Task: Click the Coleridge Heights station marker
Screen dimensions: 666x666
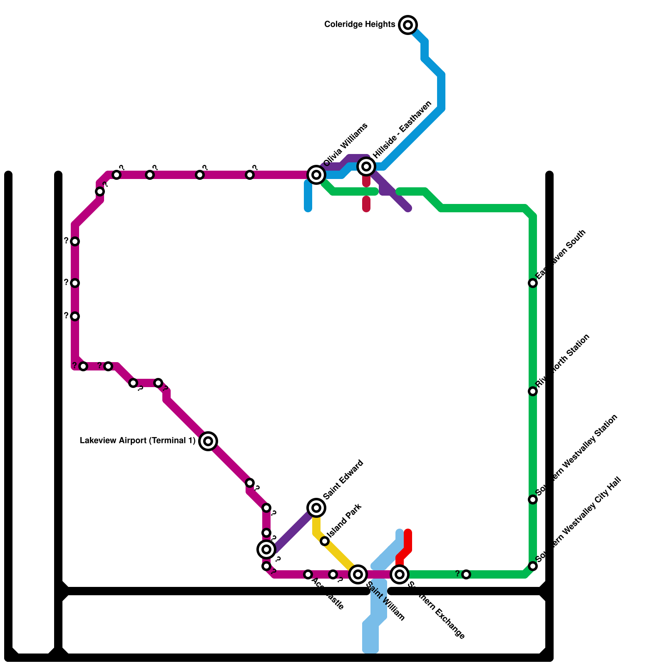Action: click(408, 25)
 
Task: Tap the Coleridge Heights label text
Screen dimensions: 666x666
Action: click(360, 25)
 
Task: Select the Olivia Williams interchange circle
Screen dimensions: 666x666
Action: click(316, 174)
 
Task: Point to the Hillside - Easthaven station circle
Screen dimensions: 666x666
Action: click(366, 166)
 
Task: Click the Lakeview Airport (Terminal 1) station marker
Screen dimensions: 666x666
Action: click(208, 441)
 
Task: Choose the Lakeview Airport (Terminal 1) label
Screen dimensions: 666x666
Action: click(137, 441)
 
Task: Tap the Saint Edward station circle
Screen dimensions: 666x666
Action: click(316, 507)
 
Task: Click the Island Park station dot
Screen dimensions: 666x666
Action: click(325, 541)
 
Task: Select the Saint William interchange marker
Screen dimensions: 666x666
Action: click(358, 574)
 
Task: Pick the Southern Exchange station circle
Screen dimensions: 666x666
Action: click(400, 574)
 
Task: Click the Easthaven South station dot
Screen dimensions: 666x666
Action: click(533, 283)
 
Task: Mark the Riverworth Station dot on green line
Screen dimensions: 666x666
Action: click(533, 391)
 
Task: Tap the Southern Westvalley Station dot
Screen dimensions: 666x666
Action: click(533, 499)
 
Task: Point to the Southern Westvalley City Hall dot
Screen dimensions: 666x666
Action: click(533, 566)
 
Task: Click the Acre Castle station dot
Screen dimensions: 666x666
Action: click(308, 574)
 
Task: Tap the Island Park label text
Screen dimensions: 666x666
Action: click(344, 520)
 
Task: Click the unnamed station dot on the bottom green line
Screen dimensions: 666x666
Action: click(466, 574)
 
